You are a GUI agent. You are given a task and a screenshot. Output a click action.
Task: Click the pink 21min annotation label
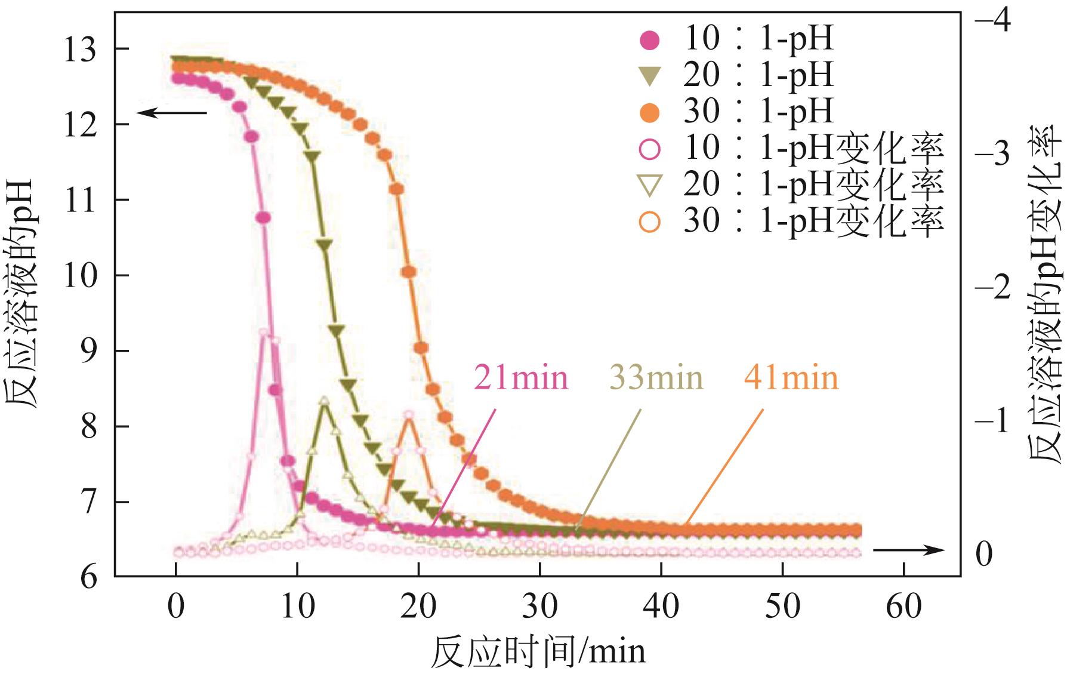pos(521,378)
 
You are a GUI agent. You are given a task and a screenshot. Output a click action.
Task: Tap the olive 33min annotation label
pos(656,378)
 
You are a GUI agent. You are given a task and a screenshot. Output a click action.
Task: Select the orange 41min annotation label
pos(791,378)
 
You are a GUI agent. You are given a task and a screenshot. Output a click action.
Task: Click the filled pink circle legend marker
pos(649,41)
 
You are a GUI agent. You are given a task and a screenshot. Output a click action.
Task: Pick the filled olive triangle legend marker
pos(649,77)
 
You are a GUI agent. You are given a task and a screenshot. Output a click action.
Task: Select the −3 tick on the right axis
pos(992,155)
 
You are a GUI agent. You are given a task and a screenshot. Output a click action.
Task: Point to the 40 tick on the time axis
pos(661,607)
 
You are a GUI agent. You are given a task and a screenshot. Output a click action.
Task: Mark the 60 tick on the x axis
pos(903,607)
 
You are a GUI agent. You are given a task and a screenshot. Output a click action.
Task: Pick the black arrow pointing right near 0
pos(908,550)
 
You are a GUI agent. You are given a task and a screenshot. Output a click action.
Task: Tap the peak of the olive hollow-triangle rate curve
pos(324,401)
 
